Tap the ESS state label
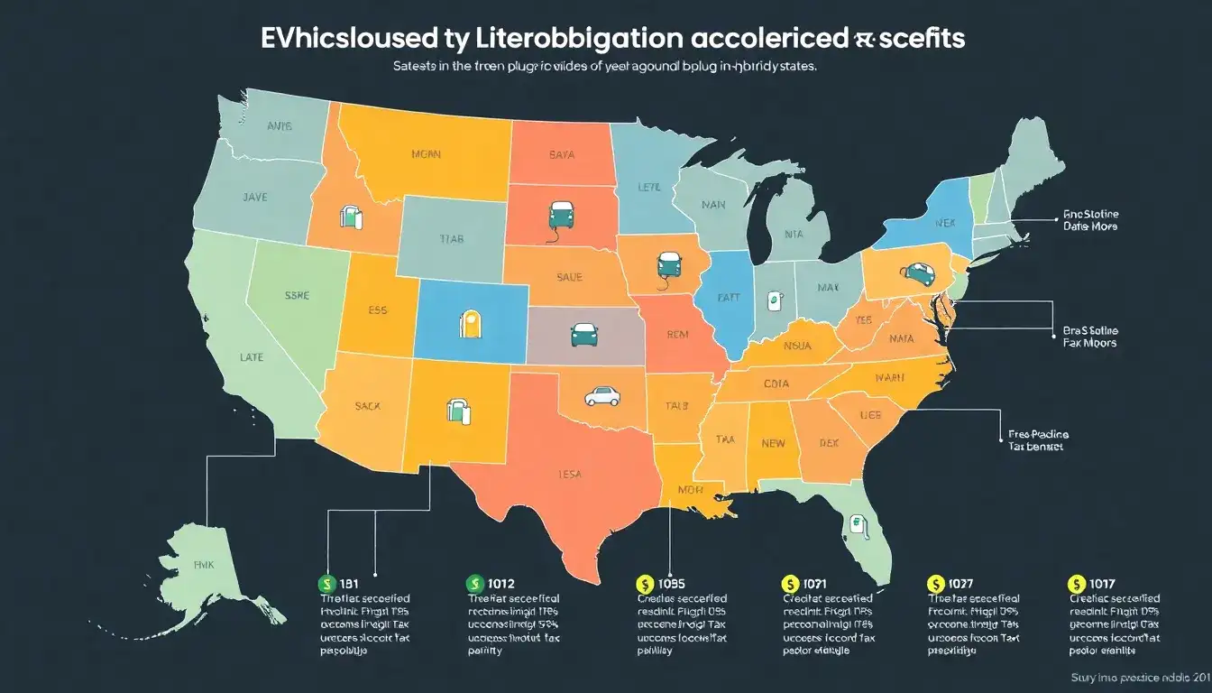[378, 309]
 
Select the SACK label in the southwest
[367, 406]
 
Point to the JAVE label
[254, 196]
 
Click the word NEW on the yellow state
[774, 443]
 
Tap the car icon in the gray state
[583, 335]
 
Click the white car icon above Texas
[601, 395]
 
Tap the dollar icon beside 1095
[643, 584]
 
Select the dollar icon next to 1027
[935, 584]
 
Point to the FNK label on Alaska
[204, 563]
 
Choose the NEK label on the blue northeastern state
[945, 222]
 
